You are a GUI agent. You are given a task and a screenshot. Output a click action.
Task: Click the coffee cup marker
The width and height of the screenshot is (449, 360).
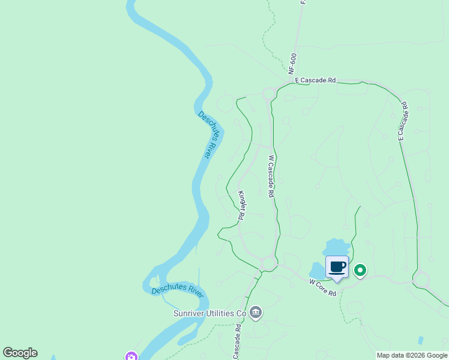[x=337, y=267]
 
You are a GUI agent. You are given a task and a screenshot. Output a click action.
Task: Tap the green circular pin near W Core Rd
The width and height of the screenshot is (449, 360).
[x=360, y=271]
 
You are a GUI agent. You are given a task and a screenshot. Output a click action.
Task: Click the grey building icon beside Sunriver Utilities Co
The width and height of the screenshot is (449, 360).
[x=256, y=312]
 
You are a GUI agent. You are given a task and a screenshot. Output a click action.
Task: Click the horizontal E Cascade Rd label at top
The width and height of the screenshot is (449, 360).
[x=315, y=80]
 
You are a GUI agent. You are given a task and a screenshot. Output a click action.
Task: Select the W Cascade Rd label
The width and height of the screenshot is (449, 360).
[x=271, y=177]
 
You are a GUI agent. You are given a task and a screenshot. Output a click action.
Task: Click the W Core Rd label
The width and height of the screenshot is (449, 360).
[x=322, y=287]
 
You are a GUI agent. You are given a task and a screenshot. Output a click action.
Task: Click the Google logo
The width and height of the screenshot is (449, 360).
[x=20, y=353]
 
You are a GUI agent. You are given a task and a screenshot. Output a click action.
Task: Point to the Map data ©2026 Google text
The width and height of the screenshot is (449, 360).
[x=411, y=355]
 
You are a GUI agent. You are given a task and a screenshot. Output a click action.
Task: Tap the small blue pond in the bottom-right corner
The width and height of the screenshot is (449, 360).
[x=420, y=340]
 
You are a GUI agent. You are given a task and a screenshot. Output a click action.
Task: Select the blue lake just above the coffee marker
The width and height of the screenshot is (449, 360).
[x=336, y=247]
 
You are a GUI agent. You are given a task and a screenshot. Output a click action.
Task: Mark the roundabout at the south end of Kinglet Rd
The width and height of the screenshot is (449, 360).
[x=268, y=263]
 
